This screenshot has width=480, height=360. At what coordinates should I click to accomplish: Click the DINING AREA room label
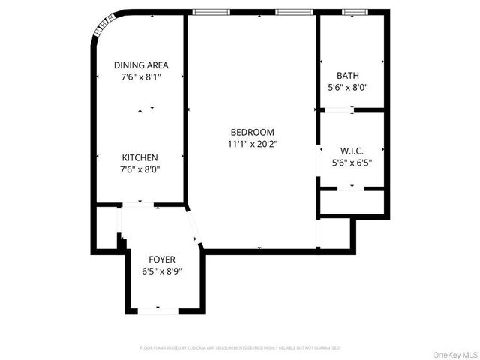141,64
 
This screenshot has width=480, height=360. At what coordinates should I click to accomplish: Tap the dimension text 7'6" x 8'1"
141,76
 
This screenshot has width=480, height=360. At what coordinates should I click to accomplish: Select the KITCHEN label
140,157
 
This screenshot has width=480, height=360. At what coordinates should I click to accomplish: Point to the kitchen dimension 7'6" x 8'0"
140,169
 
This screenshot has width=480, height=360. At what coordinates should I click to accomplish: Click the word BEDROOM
252,132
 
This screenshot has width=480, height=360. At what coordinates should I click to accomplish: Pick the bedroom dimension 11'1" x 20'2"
252,143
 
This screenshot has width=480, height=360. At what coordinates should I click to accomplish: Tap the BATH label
348,75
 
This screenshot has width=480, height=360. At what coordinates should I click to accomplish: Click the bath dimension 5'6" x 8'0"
348,87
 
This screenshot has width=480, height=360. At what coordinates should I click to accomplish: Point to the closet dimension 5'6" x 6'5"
352,161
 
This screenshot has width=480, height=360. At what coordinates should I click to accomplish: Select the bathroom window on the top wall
354,12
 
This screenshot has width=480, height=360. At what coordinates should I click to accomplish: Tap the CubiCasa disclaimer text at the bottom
240,348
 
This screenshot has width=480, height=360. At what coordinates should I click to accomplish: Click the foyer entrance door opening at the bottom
157,310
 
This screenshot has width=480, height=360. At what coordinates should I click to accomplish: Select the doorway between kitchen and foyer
139,204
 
